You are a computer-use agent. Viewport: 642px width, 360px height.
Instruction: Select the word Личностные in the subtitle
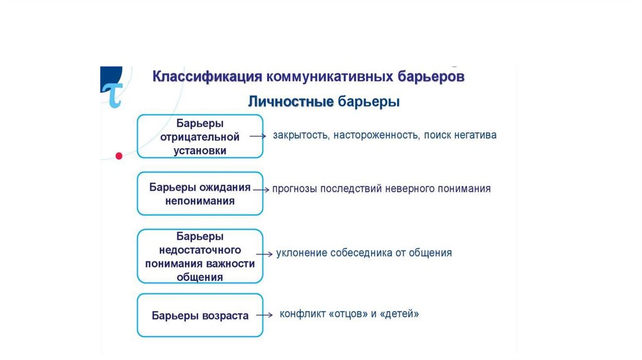(290, 102)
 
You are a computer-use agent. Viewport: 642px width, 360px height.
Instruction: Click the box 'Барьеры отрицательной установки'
(200, 136)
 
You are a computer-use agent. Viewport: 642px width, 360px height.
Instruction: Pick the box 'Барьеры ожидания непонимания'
(200, 194)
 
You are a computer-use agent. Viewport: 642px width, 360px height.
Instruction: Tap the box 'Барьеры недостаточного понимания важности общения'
(200, 256)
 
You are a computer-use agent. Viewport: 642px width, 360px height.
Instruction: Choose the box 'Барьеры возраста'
(200, 315)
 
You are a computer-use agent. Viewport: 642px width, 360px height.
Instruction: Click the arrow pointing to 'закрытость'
(258, 135)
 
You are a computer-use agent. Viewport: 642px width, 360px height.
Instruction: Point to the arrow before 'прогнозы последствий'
(261, 189)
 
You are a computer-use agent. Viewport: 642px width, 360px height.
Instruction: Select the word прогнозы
(294, 189)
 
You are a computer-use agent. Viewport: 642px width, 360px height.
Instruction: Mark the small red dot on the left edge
(117, 154)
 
